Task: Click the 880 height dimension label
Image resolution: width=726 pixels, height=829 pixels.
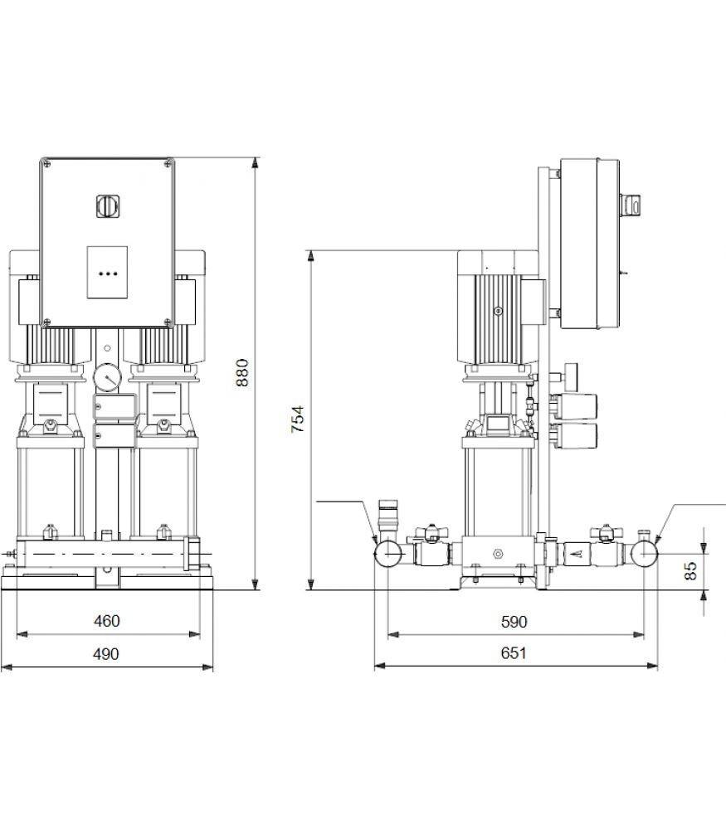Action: pos(241,373)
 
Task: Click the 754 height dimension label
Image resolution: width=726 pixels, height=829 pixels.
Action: pos(298,419)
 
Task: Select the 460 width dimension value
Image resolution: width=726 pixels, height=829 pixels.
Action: pos(107,621)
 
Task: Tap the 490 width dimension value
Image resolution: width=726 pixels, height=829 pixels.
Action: pos(106,654)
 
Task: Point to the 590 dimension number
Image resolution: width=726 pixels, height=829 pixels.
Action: pos(514,622)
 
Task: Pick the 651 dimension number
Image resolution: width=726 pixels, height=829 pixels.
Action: pos(514,653)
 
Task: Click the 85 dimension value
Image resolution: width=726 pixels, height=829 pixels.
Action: pos(690,571)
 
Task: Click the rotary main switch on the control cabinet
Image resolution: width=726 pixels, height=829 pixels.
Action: pos(107,206)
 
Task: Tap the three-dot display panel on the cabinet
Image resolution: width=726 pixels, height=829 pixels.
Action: pos(107,272)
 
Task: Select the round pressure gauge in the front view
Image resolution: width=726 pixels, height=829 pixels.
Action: pos(107,377)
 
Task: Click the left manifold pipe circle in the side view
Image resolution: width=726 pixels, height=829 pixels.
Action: pos(388,554)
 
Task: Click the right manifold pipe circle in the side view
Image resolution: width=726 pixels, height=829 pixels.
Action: pos(644,553)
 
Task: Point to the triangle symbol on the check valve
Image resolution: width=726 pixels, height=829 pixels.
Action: pos(577,554)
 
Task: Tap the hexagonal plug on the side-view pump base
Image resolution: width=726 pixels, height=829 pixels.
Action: pos(497,554)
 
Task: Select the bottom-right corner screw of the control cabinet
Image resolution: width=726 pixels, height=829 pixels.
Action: pos(168,321)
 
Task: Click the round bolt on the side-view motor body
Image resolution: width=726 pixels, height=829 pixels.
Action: pos(498,311)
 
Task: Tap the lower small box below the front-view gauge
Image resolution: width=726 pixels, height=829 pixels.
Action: pos(115,435)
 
